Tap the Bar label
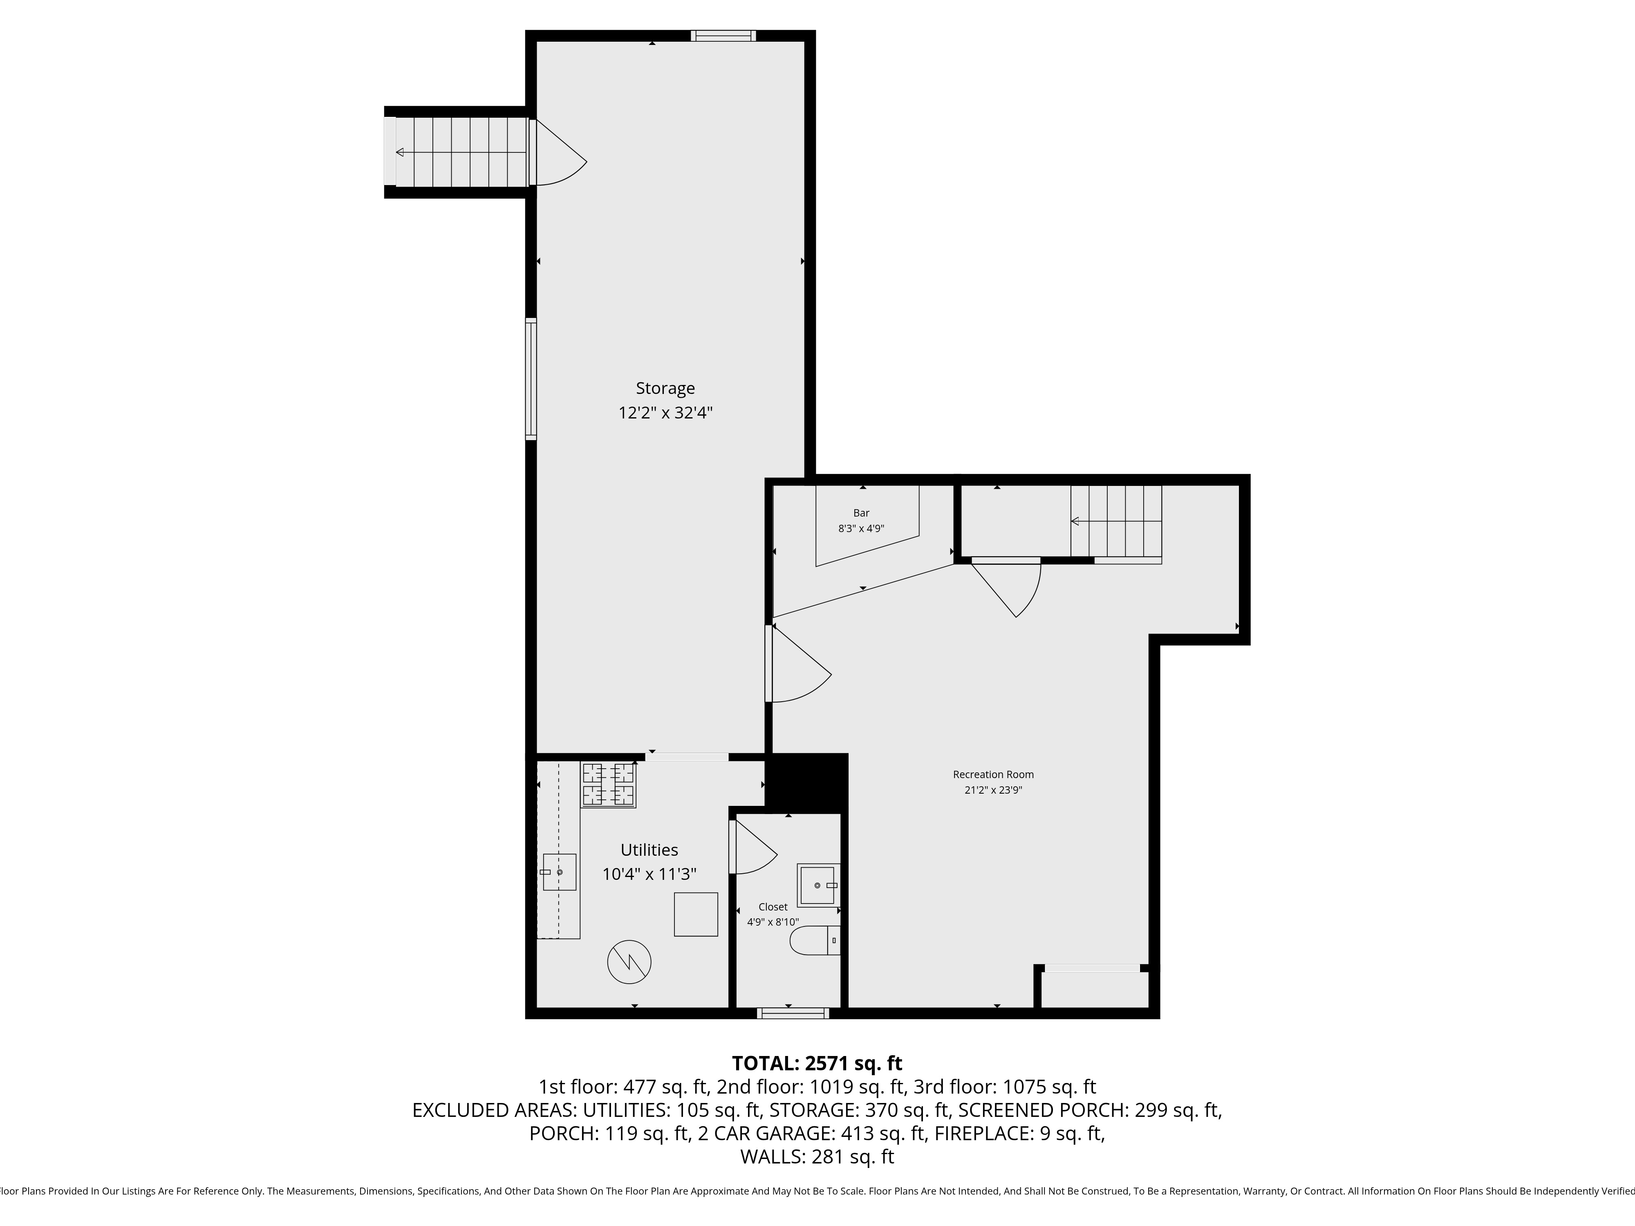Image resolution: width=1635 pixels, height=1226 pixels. [861, 513]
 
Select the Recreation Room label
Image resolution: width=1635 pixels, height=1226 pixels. [993, 774]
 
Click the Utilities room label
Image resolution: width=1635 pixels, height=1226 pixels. [649, 850]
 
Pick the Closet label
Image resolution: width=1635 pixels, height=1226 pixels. [773, 907]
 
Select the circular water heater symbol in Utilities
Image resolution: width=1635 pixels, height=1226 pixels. [629, 962]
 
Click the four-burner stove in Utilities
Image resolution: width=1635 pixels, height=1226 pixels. [608, 784]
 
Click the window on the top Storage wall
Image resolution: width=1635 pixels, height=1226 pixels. [723, 36]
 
